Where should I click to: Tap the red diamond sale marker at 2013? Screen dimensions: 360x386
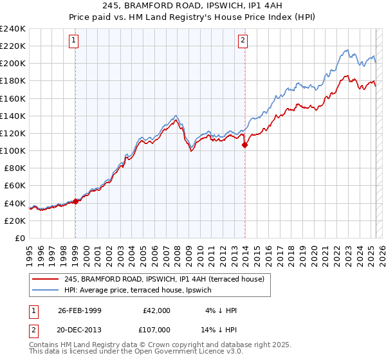[x=245, y=145]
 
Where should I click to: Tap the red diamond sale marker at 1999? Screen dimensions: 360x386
[x=75, y=201]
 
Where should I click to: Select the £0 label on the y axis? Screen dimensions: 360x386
[x=20, y=238]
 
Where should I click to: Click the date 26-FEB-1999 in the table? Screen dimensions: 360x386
[x=80, y=310]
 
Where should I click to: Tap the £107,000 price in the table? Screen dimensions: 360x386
[x=156, y=329]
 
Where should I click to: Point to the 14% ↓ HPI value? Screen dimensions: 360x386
[x=219, y=329]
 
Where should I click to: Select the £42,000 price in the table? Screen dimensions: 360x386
[x=156, y=310]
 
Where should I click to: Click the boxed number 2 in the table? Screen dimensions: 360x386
[x=33, y=329]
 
